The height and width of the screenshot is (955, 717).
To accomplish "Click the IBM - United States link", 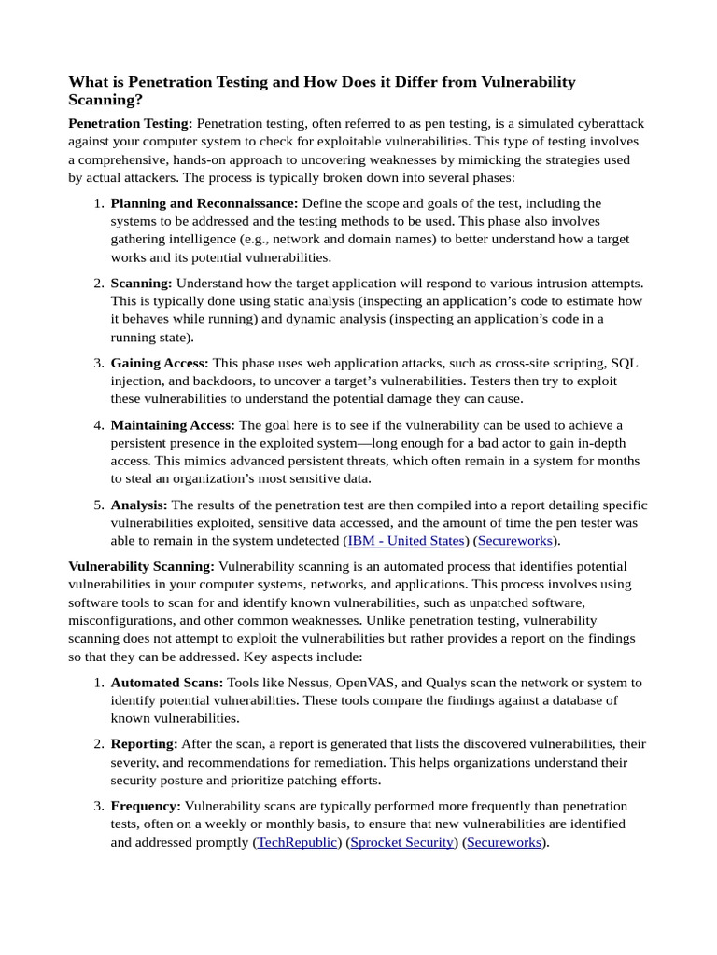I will [x=406, y=540].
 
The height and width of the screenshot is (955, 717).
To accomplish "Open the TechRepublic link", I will [x=297, y=842].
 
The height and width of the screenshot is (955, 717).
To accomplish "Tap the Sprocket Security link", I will [x=401, y=842].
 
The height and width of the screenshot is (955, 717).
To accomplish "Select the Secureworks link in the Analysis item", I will [x=516, y=540].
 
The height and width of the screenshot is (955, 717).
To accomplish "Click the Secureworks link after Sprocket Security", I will [x=504, y=842].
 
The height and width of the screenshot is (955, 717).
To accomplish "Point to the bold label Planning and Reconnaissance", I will [x=204, y=202].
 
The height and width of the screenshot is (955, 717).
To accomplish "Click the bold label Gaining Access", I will [x=160, y=363].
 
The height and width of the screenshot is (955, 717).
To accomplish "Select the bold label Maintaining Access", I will [x=173, y=425].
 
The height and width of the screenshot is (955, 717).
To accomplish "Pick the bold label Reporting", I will [x=144, y=744].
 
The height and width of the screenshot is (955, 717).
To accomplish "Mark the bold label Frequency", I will [x=146, y=806].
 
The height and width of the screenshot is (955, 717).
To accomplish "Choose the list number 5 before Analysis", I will [x=98, y=505].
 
